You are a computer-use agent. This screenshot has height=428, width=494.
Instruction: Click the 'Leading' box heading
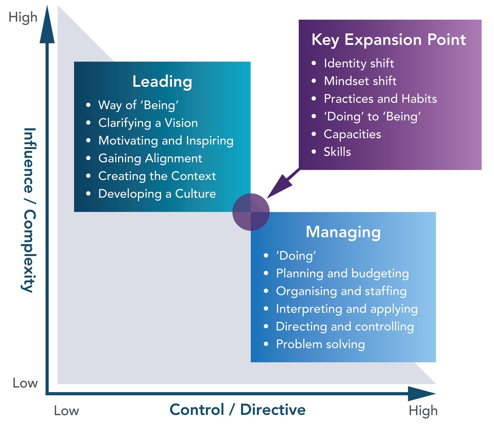pos(162,81)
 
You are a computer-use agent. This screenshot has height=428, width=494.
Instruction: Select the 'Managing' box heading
pos(343,232)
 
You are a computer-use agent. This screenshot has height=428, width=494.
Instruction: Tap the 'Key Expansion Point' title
pos(389,40)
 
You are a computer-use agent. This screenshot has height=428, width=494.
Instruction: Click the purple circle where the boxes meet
pos(251,212)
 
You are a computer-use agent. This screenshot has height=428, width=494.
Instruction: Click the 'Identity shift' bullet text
pos(359,63)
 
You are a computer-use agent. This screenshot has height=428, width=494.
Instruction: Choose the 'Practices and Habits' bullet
pos(380,99)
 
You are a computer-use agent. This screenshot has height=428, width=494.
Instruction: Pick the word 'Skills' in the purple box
pos(337,152)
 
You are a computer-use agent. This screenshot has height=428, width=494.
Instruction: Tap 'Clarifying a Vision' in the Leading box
pos(148,123)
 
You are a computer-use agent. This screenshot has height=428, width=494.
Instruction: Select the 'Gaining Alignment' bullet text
pos(150,158)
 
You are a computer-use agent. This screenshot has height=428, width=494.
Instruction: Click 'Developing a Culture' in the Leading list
pos(157,194)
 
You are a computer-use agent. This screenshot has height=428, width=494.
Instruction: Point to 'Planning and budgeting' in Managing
pos(342,273)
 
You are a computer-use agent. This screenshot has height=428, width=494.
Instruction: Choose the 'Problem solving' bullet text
pos(320,344)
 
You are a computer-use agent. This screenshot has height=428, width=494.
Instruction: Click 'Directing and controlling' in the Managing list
pos(345,326)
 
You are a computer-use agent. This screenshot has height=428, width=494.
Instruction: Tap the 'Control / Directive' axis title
pos(237,409)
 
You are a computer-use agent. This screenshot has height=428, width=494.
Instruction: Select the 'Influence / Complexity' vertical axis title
pos(28,210)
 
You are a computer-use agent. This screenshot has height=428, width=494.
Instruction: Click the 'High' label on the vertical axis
pos(23,18)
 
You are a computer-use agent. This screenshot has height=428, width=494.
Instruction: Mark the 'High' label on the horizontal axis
pos(423,411)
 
